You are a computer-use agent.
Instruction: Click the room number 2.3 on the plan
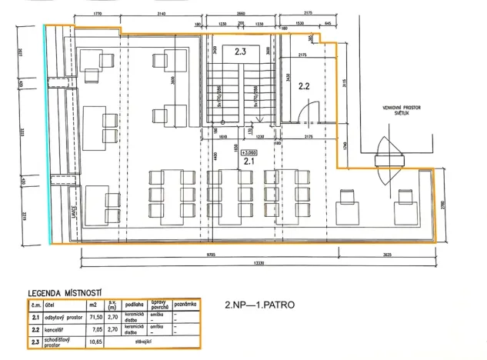click(240, 52)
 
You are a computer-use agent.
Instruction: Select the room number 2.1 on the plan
click(249, 162)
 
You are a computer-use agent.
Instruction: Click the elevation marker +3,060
click(248, 152)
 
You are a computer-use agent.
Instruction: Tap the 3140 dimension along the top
click(161, 15)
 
